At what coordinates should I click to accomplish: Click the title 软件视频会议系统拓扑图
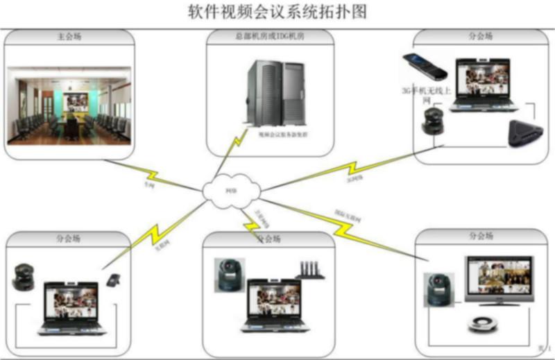pos(277,12)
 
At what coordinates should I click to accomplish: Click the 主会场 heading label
pos(67,36)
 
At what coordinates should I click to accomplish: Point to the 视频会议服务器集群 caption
pos(283,135)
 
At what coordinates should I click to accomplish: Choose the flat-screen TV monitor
pos(498,282)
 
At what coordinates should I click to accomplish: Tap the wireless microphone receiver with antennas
pos(310,271)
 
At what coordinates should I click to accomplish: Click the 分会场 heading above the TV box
pos(481,237)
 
